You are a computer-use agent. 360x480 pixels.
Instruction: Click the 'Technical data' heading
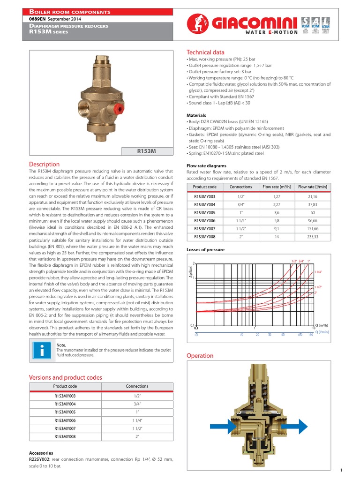205,52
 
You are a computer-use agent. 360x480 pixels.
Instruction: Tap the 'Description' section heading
45,164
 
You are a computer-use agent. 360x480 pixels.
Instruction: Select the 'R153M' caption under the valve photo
146,151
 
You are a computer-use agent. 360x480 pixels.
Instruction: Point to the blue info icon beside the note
41,352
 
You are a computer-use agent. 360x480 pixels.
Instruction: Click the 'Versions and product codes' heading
65,377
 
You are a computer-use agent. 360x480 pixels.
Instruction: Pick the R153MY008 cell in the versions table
65,436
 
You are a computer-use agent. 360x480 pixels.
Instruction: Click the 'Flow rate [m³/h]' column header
277,187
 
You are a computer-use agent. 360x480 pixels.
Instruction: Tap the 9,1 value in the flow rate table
277,229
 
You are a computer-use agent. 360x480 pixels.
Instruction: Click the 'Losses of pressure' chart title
205,250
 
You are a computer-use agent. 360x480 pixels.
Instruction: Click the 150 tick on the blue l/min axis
310,335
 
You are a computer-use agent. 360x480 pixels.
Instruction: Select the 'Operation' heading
200,356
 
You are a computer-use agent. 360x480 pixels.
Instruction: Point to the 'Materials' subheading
196,115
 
